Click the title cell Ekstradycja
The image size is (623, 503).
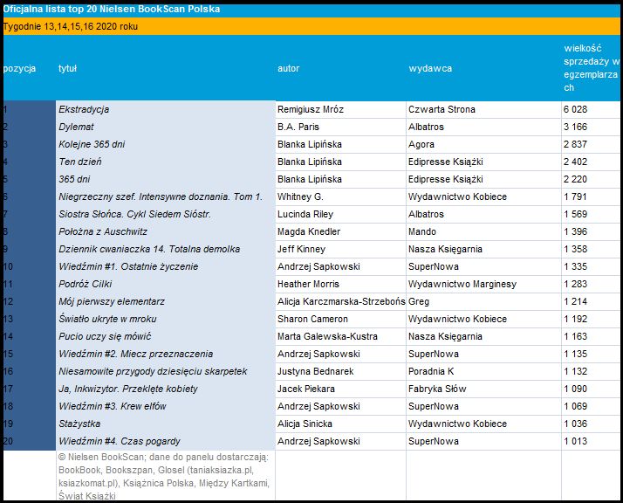(84, 110)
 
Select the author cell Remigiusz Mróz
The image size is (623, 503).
(311, 110)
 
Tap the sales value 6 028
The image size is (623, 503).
(575, 110)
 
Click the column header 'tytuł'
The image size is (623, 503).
(67, 68)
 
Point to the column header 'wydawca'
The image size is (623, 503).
(430, 68)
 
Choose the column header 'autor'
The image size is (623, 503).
(288, 68)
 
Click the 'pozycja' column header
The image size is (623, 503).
(19, 68)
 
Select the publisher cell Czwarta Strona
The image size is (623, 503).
(442, 110)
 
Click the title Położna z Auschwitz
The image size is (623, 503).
(103, 231)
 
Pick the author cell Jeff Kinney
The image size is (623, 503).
(301, 249)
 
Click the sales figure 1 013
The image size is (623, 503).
(575, 441)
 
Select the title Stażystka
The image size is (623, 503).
(79, 424)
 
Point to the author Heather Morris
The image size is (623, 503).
(310, 284)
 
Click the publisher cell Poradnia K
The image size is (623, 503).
(431, 371)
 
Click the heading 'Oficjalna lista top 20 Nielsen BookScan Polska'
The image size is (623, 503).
(112, 9)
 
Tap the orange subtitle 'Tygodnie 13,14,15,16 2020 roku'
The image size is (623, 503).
(71, 26)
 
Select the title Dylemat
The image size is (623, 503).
(76, 127)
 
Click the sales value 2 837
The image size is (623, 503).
(575, 144)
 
